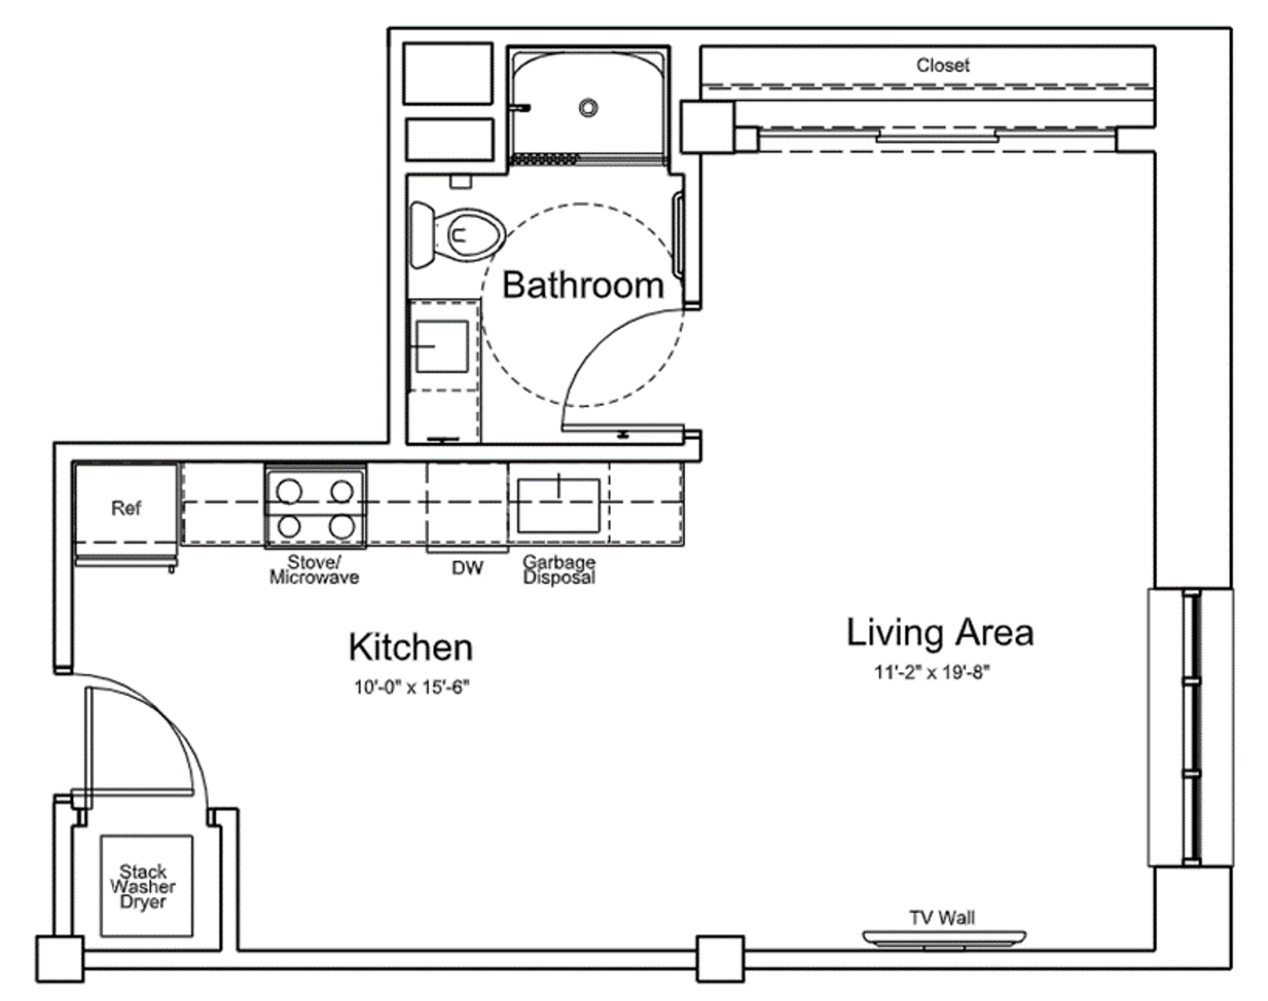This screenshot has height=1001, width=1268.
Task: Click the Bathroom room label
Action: click(x=583, y=285)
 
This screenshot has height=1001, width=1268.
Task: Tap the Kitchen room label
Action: click(x=411, y=647)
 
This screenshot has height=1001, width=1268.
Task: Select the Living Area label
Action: click(x=940, y=633)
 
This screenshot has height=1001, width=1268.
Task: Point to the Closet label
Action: click(x=943, y=66)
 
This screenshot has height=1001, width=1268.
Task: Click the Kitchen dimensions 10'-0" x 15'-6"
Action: click(x=412, y=687)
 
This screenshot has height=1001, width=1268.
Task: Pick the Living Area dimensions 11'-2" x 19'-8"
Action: click(x=932, y=672)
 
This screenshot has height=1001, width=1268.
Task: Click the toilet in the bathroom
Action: click(x=457, y=235)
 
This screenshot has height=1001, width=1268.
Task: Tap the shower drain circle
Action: click(x=588, y=108)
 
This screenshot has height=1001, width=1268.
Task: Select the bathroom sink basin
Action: click(x=442, y=347)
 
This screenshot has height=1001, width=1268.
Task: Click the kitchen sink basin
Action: click(x=559, y=505)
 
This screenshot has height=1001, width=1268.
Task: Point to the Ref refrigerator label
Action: click(x=126, y=508)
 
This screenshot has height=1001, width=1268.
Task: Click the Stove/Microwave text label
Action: click(x=314, y=569)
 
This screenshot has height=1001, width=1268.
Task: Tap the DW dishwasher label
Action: click(x=467, y=568)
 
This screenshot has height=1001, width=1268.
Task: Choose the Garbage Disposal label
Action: click(x=559, y=570)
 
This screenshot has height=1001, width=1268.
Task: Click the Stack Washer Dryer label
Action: click(x=143, y=887)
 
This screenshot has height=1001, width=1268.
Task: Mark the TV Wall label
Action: click(x=942, y=918)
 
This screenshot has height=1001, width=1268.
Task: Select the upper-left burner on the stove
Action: click(x=288, y=491)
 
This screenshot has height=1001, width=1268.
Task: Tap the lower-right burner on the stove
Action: click(x=342, y=526)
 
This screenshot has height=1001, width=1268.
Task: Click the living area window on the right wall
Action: click(x=1191, y=728)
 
